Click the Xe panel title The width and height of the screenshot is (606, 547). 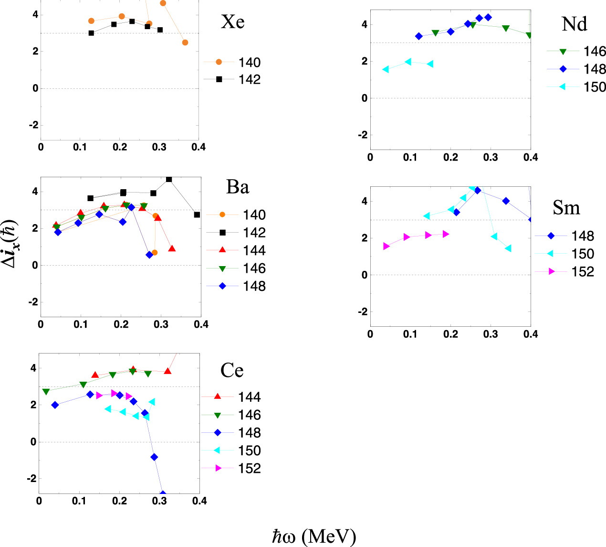[232, 22]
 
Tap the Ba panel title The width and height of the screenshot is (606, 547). [237, 187]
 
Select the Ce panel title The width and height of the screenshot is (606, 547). [232, 371]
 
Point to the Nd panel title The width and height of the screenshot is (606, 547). [574, 24]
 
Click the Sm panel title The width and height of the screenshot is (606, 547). [566, 208]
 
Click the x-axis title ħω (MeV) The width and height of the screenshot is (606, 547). [314, 536]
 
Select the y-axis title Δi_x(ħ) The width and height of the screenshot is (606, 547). [14, 244]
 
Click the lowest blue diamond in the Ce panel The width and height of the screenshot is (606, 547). [163, 494]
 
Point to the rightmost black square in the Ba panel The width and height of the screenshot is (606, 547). [197, 215]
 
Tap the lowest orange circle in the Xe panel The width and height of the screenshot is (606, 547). [185, 43]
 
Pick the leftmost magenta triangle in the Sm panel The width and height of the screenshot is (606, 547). [386, 246]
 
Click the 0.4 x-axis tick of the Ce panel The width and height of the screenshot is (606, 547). [199, 501]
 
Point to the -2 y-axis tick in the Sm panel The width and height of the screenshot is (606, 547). [362, 311]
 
